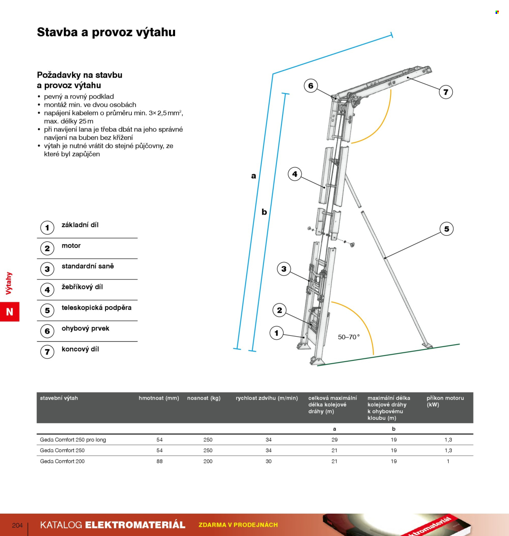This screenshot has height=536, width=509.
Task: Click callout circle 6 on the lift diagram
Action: [x=311, y=86]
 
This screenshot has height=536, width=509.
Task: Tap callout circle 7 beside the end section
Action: [x=446, y=92]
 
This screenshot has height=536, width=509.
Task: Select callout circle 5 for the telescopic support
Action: [x=447, y=229]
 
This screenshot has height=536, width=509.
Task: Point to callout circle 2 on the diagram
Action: [x=279, y=310]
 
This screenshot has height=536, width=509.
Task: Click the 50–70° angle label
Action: [x=349, y=337]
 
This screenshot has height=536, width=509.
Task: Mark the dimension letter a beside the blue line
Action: [x=254, y=176]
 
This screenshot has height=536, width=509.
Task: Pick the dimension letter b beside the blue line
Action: [x=264, y=212]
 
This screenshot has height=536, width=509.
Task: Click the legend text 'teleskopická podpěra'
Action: [x=97, y=308]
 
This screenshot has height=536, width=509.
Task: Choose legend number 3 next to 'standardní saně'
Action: [x=47, y=269]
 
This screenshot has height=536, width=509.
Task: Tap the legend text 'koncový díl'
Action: [x=80, y=349]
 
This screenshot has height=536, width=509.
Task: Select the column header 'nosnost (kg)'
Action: [x=204, y=398]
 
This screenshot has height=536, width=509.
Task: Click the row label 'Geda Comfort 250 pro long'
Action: [x=73, y=440]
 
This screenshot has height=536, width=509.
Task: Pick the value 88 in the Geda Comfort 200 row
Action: [x=160, y=461]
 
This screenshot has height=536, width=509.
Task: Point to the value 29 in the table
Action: [x=335, y=440]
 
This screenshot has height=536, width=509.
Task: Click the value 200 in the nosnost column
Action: [x=208, y=461]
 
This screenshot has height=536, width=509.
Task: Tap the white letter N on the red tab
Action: [x=9, y=312]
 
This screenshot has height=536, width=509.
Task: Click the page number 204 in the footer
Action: [x=17, y=525]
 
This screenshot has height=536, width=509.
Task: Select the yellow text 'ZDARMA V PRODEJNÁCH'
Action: [x=238, y=525]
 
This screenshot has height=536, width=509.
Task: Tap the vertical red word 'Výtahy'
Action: [x=9, y=283]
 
